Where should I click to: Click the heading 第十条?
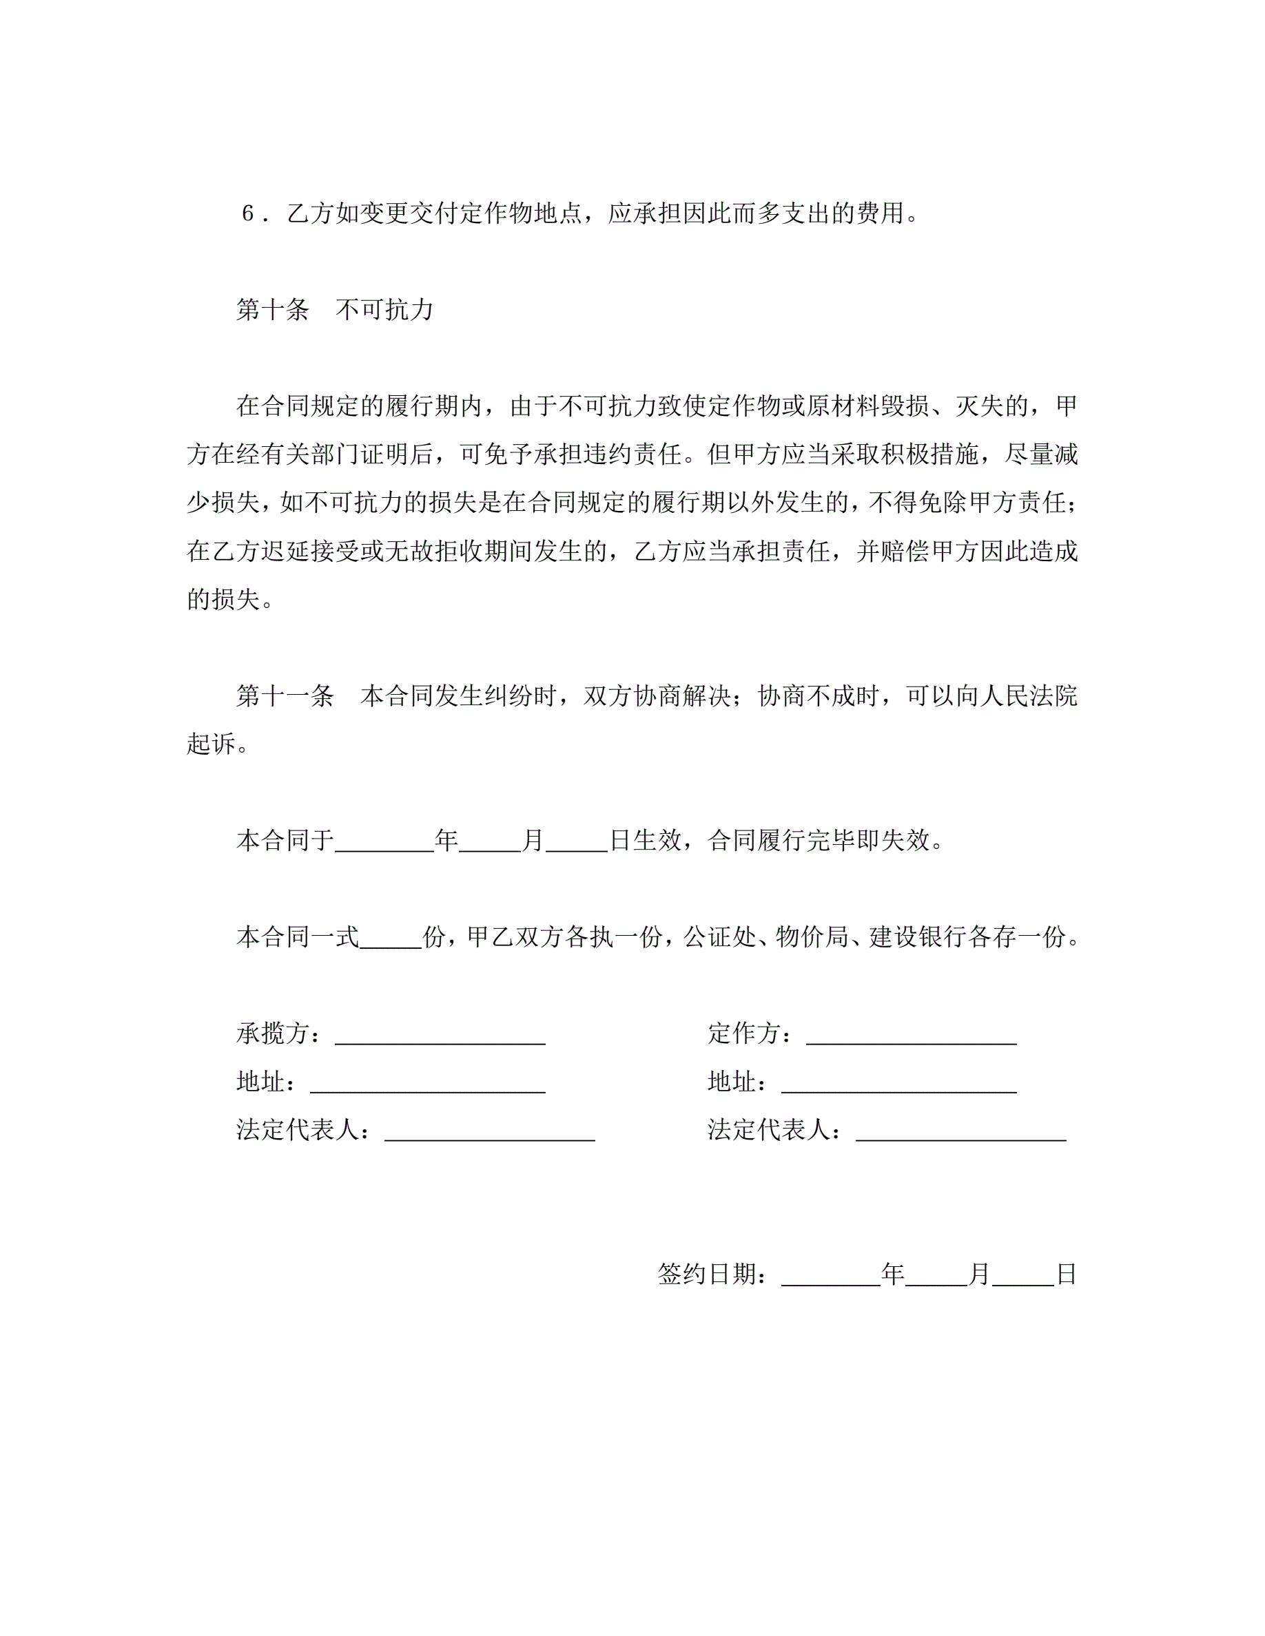click(x=272, y=309)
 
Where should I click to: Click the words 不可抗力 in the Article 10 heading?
click(x=384, y=309)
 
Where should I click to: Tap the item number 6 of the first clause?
click(x=248, y=213)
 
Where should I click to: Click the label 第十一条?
click(x=285, y=696)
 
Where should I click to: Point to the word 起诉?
click(x=211, y=744)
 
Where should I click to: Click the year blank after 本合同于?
click(x=384, y=841)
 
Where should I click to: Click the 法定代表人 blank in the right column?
click(x=960, y=1130)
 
